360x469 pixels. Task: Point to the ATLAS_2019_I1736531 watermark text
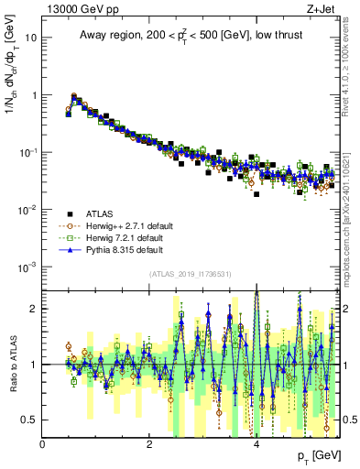[x=191, y=275]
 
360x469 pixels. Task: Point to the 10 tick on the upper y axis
[x=30, y=38]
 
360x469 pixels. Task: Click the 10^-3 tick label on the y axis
[x=27, y=267]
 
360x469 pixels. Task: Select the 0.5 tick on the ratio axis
[x=30, y=420]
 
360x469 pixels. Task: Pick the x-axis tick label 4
[x=256, y=444]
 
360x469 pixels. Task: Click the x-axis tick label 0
[x=43, y=444]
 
